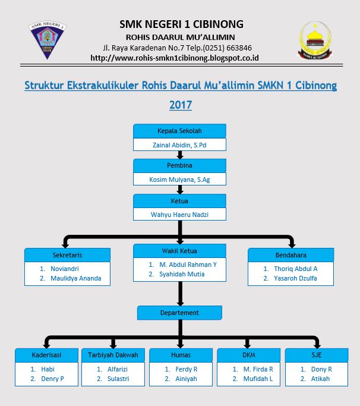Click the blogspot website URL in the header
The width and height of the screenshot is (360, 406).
pyautogui.click(x=174, y=58)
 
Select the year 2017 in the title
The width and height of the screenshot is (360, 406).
pyautogui.click(x=181, y=105)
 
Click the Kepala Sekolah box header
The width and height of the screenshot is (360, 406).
pyautogui.click(x=179, y=131)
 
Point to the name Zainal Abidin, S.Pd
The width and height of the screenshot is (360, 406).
pyautogui.click(x=179, y=144)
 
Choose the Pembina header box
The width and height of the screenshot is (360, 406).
pyautogui.click(x=179, y=165)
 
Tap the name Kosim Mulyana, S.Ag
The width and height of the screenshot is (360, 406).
pyautogui.click(x=179, y=179)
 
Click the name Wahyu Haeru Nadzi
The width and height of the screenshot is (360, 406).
pyautogui.click(x=179, y=214)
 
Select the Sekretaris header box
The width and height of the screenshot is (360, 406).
pyautogui.click(x=67, y=255)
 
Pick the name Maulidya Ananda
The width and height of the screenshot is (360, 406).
pyautogui.click(x=75, y=278)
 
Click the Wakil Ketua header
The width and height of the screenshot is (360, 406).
pyautogui.click(x=179, y=251)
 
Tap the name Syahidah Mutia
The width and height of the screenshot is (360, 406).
pyautogui.click(x=182, y=274)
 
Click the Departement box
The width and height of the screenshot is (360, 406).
pyautogui.click(x=179, y=313)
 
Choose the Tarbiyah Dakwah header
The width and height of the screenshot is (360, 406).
pyautogui.click(x=113, y=355)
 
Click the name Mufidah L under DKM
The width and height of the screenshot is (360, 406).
pyautogui.click(x=258, y=379)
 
